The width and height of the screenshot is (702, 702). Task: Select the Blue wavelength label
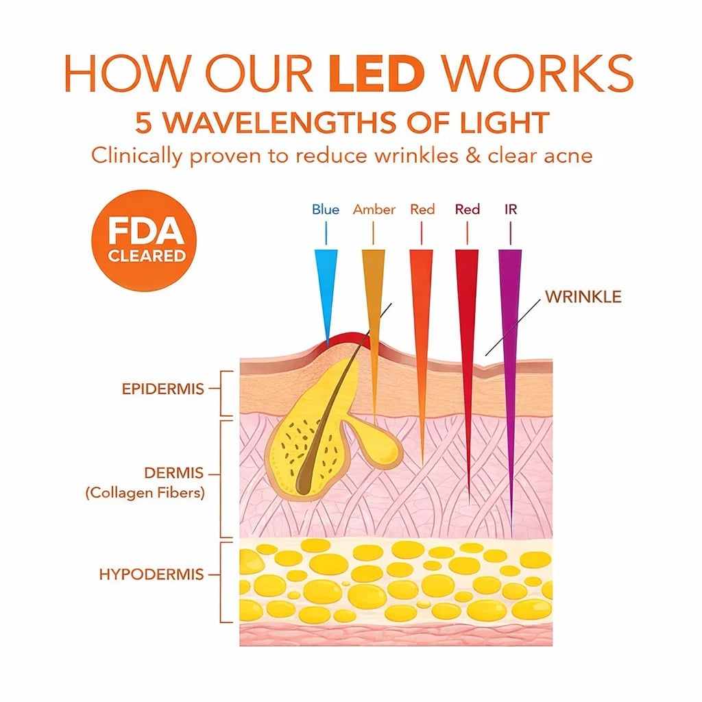point(326,209)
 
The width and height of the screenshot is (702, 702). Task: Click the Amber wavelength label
point(374,209)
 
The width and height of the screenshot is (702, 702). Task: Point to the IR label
point(511,209)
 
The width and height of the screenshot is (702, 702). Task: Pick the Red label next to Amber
point(422,209)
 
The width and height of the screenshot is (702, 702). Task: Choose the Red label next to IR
point(468,209)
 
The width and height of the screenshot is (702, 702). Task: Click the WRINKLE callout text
point(583,296)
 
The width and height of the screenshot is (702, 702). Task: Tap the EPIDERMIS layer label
point(163,389)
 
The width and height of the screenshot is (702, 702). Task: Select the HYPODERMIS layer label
point(152,574)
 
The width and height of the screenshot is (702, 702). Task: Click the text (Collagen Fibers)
point(145,492)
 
